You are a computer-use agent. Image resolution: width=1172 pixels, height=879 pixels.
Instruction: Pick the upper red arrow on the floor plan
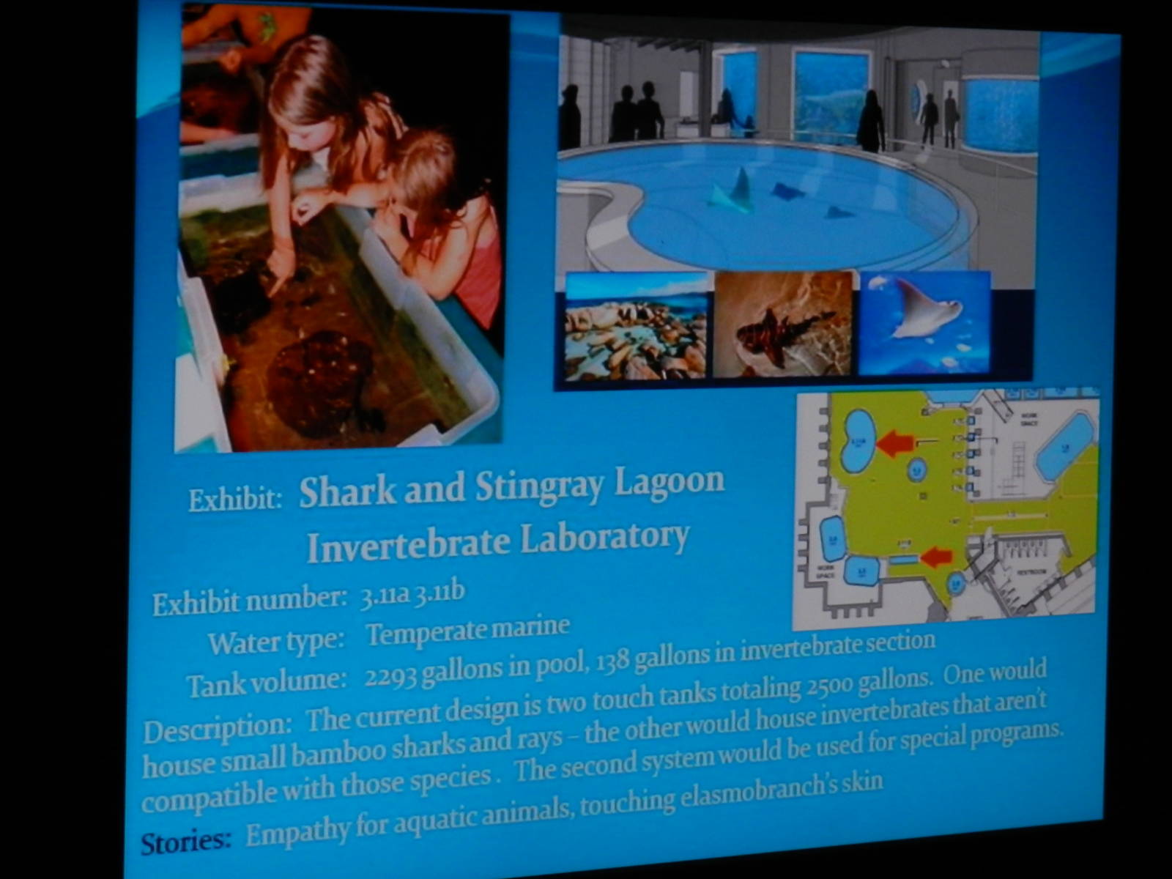895,443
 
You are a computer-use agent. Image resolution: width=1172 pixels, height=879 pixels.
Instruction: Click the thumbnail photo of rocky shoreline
635,326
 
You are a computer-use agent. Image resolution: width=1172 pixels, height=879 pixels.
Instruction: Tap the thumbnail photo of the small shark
782,324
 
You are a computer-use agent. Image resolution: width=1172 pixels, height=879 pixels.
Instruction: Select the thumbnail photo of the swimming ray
924,322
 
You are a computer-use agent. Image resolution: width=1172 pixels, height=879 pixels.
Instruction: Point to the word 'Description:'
218,727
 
